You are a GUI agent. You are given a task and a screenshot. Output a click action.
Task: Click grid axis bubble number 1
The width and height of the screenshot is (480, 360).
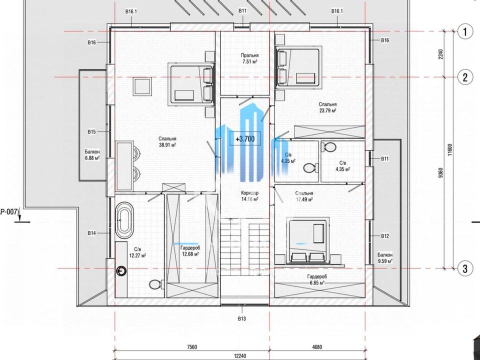(465, 31)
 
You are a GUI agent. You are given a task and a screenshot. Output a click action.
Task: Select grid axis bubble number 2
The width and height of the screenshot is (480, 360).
(465, 77)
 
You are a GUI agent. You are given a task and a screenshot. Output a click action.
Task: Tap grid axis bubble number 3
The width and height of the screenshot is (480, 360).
(465, 269)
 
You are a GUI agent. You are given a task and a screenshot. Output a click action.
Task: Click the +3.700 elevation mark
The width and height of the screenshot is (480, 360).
(245, 139)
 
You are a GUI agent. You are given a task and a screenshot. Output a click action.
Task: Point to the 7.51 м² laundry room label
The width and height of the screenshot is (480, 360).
(249, 58)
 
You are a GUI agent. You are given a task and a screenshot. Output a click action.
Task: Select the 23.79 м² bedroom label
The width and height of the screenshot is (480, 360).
(327, 107)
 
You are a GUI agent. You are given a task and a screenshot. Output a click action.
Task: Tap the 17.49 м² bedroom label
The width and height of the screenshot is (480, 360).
(304, 196)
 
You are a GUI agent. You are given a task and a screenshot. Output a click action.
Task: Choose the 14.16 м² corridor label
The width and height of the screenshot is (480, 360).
(250, 196)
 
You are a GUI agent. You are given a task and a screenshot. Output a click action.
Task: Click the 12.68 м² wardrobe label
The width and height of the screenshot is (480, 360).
(190, 251)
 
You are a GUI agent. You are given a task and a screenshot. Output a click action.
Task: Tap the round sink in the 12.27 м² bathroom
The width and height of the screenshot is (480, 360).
(122, 270)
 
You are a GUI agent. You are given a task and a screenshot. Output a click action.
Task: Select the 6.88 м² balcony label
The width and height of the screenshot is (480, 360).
(92, 155)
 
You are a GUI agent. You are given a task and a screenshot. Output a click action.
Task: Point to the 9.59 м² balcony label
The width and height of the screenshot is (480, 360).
(385, 258)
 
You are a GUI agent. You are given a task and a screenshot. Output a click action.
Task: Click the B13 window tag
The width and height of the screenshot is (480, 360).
(242, 318)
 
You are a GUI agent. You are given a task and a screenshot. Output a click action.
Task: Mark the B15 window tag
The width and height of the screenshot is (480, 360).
(91, 132)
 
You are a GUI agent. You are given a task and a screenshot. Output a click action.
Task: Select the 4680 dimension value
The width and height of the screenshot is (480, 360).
(317, 347)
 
